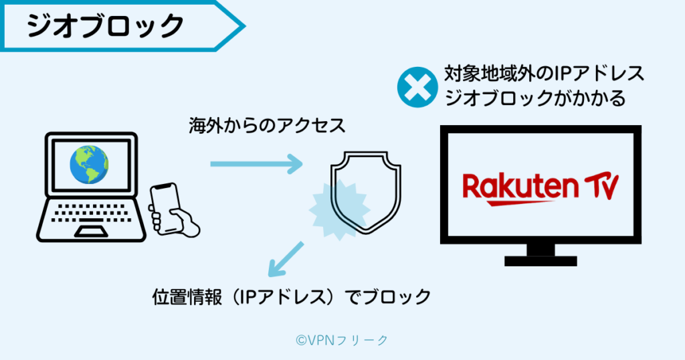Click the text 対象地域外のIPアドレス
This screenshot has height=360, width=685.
tap(544, 74)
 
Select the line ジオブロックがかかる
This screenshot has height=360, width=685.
tap(534, 98)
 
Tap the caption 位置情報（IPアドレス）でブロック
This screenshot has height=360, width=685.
tap(292, 296)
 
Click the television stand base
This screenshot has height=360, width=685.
tap(541, 259)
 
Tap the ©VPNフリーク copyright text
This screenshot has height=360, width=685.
tap(342, 340)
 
